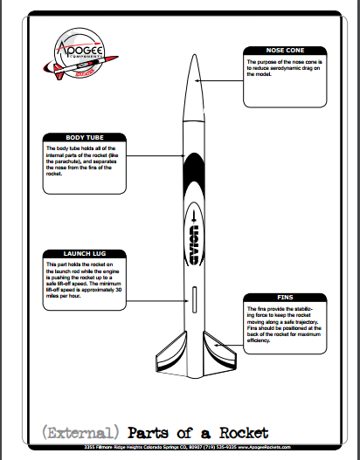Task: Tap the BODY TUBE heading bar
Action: [x=85, y=137]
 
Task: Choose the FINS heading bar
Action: [x=285, y=298]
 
